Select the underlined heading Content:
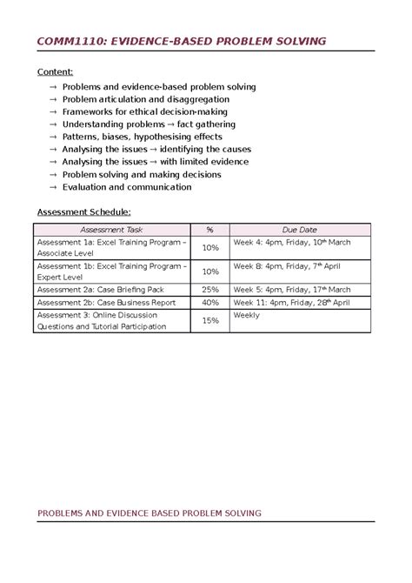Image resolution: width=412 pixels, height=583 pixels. click(55, 71)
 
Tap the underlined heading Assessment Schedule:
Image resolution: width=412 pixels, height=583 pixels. click(83, 211)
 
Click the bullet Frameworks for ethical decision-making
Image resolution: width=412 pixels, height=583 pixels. click(133, 111)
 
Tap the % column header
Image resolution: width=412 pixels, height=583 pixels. click(209, 229)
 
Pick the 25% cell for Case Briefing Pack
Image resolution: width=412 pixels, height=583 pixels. click(209, 289)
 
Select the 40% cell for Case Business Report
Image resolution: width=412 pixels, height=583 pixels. click(209, 302)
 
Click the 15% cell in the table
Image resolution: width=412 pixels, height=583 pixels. click(209, 320)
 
